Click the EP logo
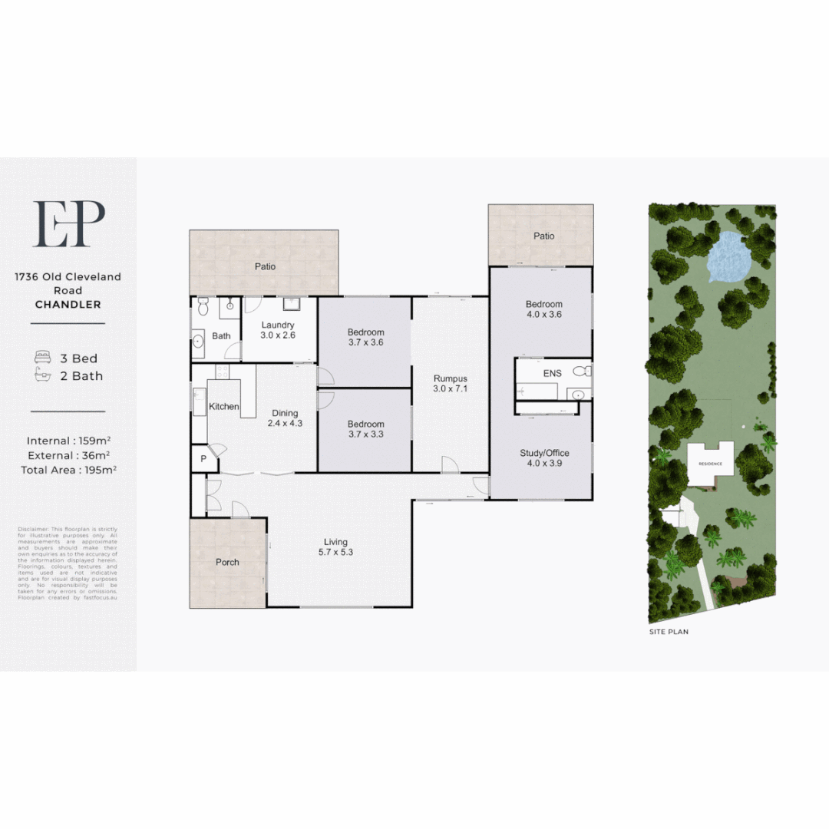(68, 224)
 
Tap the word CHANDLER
(68, 305)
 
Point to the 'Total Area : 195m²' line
(68, 470)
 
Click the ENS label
(552, 373)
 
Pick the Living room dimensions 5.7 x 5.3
(336, 551)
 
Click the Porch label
(227, 562)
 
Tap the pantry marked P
(203, 458)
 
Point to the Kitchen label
(224, 406)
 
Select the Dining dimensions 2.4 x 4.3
(285, 423)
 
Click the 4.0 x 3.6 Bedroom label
(543, 309)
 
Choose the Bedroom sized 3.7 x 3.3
(365, 429)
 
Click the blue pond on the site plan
(727, 256)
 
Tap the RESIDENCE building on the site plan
(709, 464)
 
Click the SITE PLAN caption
(669, 632)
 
